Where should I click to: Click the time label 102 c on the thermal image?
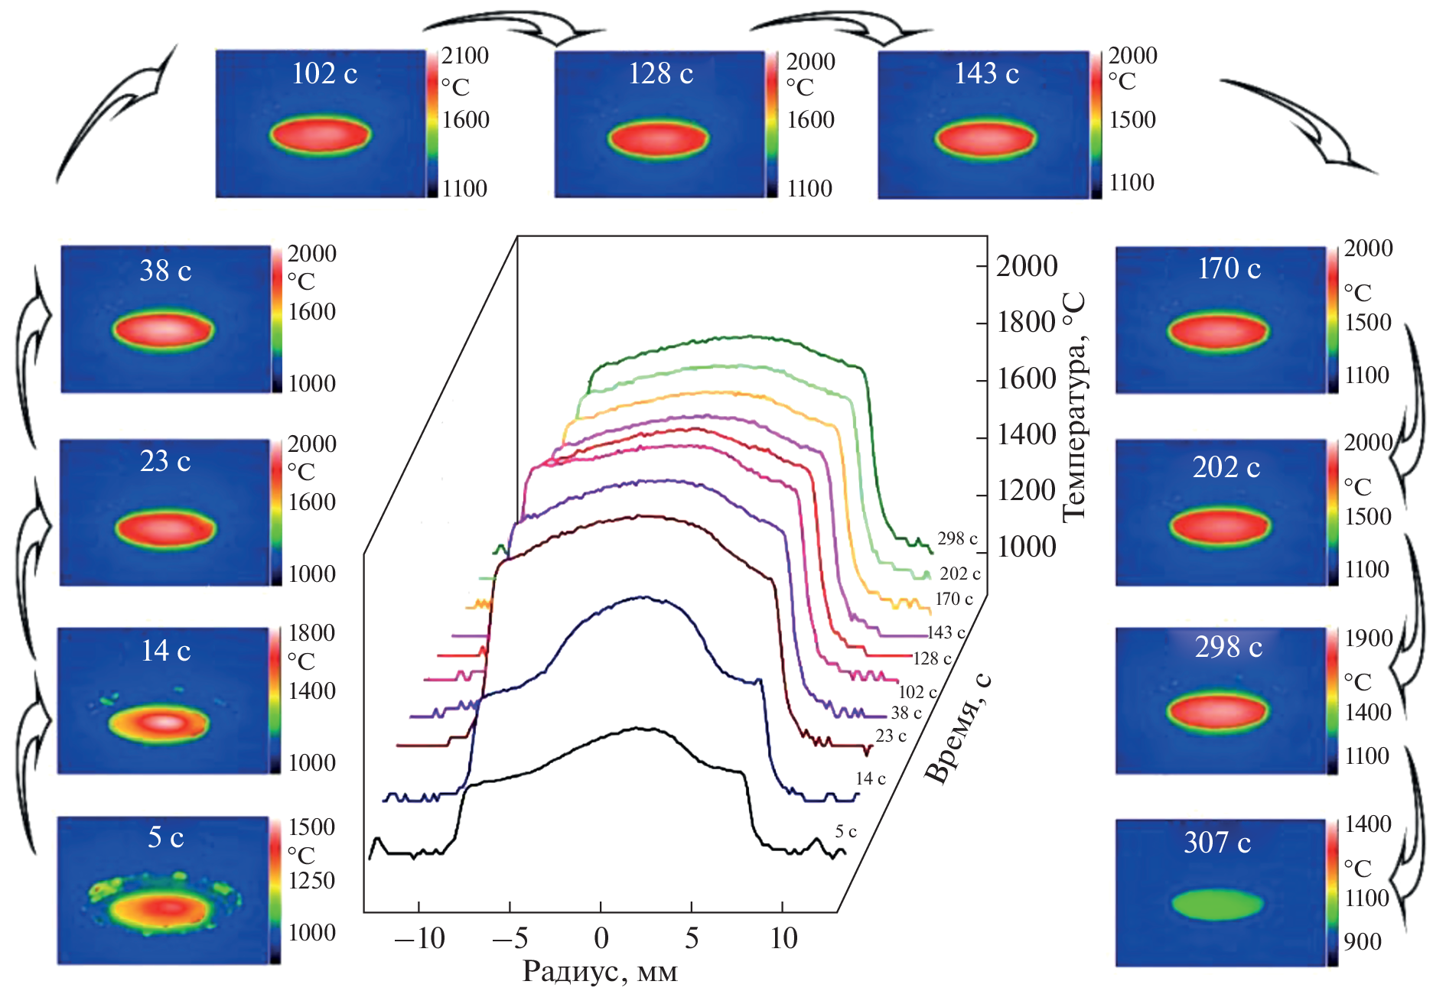click(324, 73)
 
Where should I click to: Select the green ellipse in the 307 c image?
click(1217, 904)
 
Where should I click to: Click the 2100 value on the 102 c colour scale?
click(465, 56)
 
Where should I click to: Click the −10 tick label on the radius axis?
click(420, 938)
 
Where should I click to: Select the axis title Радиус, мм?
click(600, 971)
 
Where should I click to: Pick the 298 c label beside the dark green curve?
click(957, 538)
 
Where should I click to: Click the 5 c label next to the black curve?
click(845, 831)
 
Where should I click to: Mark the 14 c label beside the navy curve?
click(871, 778)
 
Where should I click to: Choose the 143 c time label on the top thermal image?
click(986, 73)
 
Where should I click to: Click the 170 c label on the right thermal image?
click(1229, 268)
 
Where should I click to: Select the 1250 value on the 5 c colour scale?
click(311, 881)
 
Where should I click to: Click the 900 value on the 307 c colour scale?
click(1363, 941)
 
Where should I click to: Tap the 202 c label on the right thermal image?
click(1226, 467)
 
